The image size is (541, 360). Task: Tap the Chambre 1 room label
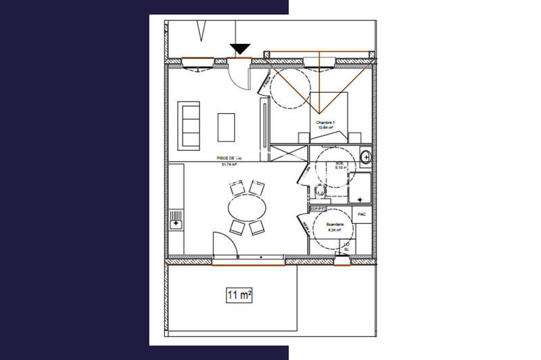(x=326, y=122)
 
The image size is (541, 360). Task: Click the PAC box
(x=362, y=215)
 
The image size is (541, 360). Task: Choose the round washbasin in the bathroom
(x=365, y=158)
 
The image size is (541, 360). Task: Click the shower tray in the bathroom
(x=360, y=188)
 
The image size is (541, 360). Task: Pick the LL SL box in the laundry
(x=346, y=247)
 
